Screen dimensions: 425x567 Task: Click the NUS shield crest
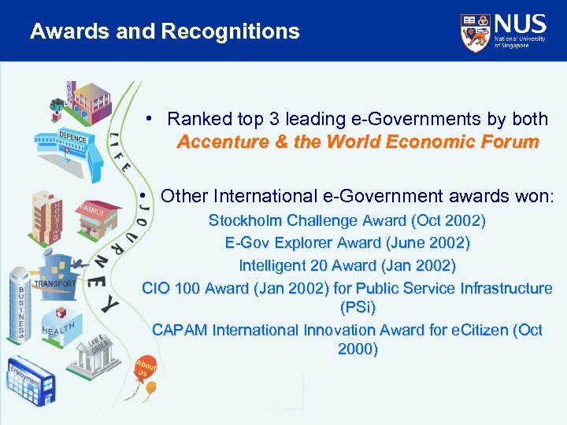coord(474,31)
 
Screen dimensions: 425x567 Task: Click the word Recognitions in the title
coord(231,31)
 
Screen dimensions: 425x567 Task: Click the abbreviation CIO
coord(157,288)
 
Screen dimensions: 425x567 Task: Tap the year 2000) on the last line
coord(358,349)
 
